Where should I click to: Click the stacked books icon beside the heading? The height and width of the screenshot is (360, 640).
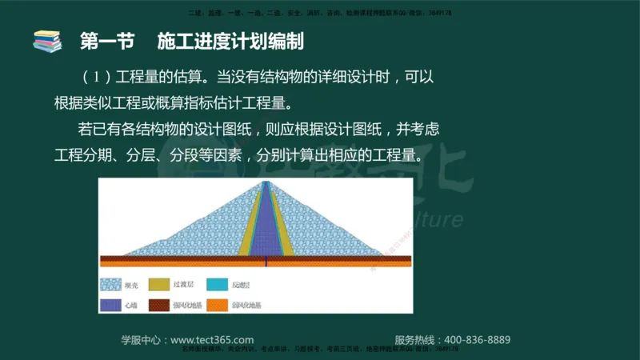click(47, 40)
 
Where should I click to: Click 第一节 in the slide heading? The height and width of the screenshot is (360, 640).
click(102, 41)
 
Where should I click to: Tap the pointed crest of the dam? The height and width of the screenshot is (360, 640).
click(266, 183)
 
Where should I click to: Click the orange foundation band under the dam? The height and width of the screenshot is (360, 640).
click(256, 264)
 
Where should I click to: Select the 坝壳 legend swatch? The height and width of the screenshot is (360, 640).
click(110, 284)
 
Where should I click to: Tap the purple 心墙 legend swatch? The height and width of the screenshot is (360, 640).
click(110, 305)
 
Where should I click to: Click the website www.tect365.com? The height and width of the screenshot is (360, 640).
click(213, 339)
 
